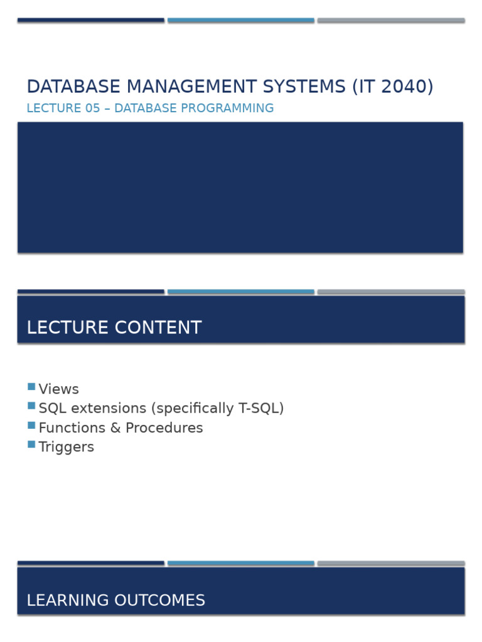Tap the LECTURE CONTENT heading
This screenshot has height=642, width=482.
click(x=114, y=328)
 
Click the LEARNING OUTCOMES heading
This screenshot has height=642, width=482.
click(x=115, y=601)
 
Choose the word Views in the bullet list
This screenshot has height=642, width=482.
click(x=58, y=389)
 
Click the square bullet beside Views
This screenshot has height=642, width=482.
click(x=31, y=387)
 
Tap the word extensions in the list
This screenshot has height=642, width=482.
click(x=106, y=408)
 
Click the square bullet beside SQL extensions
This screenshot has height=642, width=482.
click(x=31, y=406)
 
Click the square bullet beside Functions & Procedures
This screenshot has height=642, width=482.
click(x=31, y=425)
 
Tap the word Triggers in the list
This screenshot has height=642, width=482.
click(x=66, y=447)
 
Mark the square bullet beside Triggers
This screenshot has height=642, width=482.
click(x=31, y=445)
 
